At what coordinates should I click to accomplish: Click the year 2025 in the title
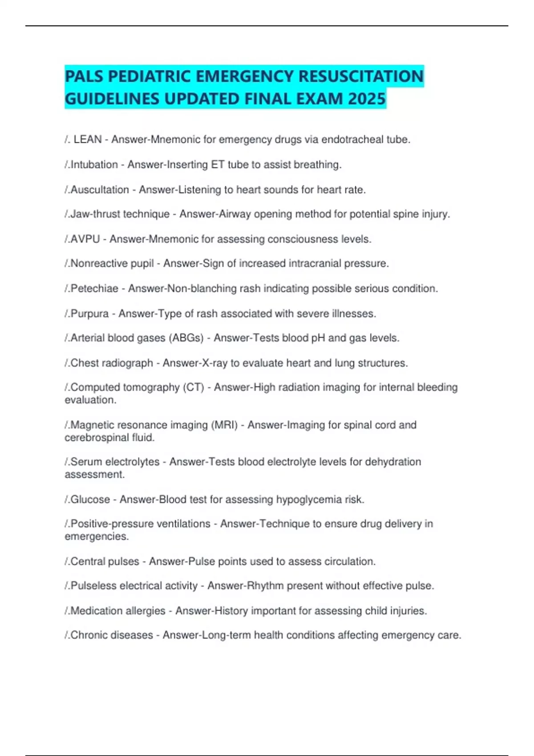coord(367,98)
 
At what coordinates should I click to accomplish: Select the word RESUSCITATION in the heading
coord(360,76)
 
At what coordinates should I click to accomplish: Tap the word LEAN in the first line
coord(88,140)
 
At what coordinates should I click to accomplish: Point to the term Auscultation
coord(100,190)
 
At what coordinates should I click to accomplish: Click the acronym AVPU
coord(85,239)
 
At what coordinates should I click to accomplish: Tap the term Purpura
coord(89,314)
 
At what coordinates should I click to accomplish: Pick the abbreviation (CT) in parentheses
coord(194,387)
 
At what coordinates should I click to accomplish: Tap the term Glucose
coord(90,499)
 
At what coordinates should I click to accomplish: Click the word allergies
coord(143,611)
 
